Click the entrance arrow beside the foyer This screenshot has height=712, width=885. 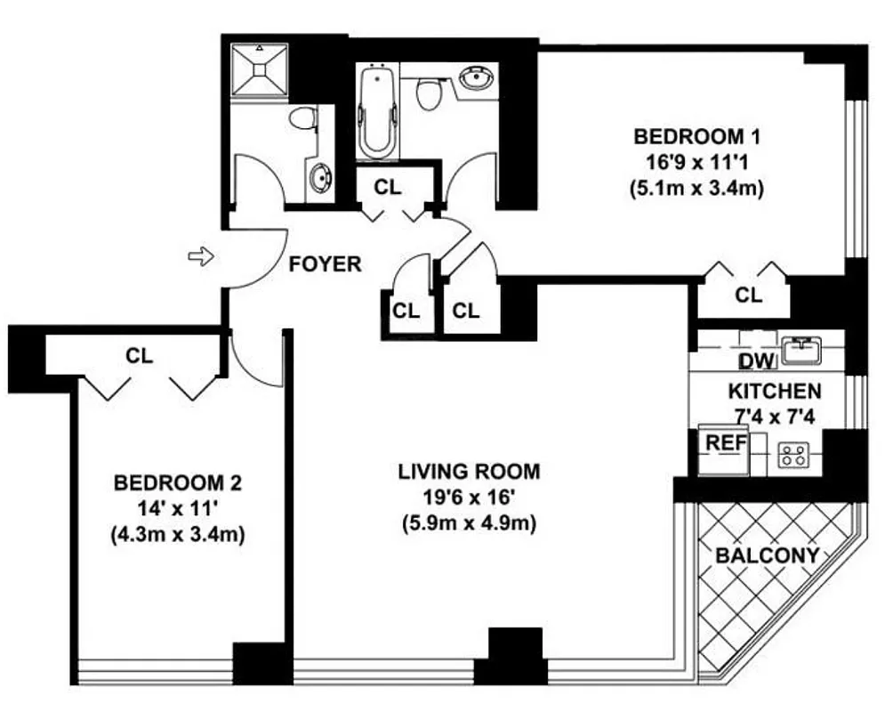(x=202, y=257)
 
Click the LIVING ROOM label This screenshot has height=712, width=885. (x=469, y=471)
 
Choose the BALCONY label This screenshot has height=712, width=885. (x=767, y=555)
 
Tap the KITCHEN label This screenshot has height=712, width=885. (x=774, y=391)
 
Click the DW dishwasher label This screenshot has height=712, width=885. (x=758, y=360)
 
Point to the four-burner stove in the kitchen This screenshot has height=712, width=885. (x=792, y=456)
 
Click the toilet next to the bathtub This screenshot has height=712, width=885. (x=430, y=93)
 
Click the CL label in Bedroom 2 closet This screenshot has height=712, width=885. (x=140, y=355)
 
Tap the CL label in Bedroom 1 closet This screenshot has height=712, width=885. (x=749, y=295)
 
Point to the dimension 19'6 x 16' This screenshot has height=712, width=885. (x=469, y=498)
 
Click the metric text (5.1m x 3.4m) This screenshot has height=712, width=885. (x=696, y=189)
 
